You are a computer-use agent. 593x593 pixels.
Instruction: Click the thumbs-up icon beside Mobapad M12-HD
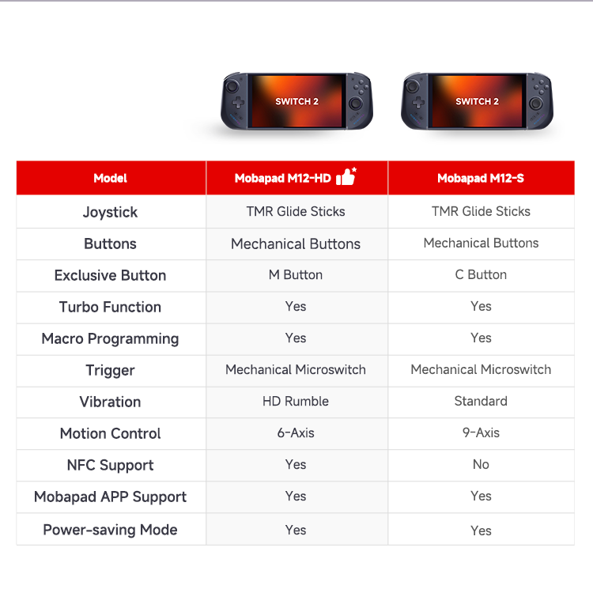[x=346, y=176]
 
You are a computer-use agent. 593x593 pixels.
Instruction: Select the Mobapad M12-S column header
[x=481, y=178]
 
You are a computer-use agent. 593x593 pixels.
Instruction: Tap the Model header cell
[x=110, y=178]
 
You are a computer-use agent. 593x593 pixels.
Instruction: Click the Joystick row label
[x=110, y=212]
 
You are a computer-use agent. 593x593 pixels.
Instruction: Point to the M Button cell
[x=296, y=275]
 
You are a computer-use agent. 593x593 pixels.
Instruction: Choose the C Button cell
[x=481, y=275]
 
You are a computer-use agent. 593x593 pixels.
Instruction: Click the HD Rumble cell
[x=296, y=401]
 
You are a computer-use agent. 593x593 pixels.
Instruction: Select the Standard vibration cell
[x=481, y=401]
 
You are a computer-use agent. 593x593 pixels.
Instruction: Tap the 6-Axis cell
[x=296, y=432]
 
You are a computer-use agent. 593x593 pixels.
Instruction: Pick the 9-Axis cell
[x=481, y=432]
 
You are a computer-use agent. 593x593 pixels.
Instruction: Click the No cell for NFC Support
[x=481, y=464]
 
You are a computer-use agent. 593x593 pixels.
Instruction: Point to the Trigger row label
[x=110, y=371]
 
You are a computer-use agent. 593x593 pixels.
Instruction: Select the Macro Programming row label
[x=110, y=339]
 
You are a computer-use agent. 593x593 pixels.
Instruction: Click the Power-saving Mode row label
[x=110, y=531]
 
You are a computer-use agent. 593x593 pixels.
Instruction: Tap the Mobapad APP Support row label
[x=110, y=497]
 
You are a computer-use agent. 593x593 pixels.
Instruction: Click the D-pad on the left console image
[x=238, y=102]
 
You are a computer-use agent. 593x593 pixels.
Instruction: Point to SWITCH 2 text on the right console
[x=477, y=101]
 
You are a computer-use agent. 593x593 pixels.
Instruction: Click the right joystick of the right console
[x=535, y=104]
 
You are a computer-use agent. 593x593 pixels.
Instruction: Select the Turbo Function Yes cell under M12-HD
[x=296, y=306]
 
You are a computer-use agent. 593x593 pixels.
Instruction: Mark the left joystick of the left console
[x=232, y=86]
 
